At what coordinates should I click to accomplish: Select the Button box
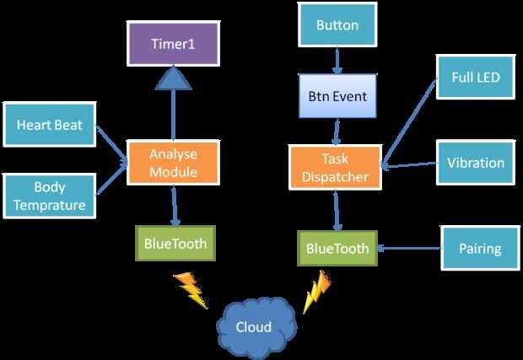(x=337, y=25)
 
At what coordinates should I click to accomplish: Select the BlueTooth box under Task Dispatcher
(x=337, y=248)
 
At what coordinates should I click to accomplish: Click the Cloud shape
(x=254, y=325)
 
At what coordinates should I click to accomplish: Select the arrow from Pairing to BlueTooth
(x=410, y=249)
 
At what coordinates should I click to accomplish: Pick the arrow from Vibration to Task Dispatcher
(x=408, y=164)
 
